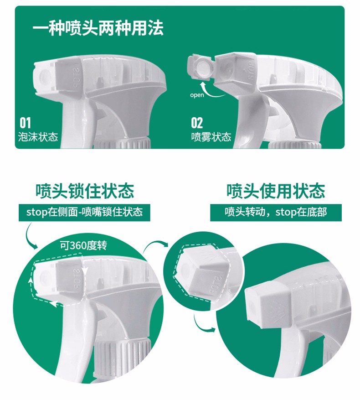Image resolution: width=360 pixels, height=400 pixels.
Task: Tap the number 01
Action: [x=25, y=123]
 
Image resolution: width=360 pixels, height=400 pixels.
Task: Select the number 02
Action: [x=197, y=123]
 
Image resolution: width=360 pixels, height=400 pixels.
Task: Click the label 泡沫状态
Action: [x=38, y=137]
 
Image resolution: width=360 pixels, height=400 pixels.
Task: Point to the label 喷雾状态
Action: [x=211, y=137]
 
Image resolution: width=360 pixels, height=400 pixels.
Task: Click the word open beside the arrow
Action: [x=197, y=95]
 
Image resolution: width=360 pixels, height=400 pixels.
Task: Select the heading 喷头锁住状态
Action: [x=84, y=191]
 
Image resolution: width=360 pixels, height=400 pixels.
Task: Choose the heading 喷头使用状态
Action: [x=276, y=191]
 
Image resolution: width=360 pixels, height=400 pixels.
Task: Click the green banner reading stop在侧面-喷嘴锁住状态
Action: [x=84, y=212]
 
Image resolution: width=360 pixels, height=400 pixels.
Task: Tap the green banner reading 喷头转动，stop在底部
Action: [x=276, y=212]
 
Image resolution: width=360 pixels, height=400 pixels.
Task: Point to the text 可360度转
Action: [x=83, y=245]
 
